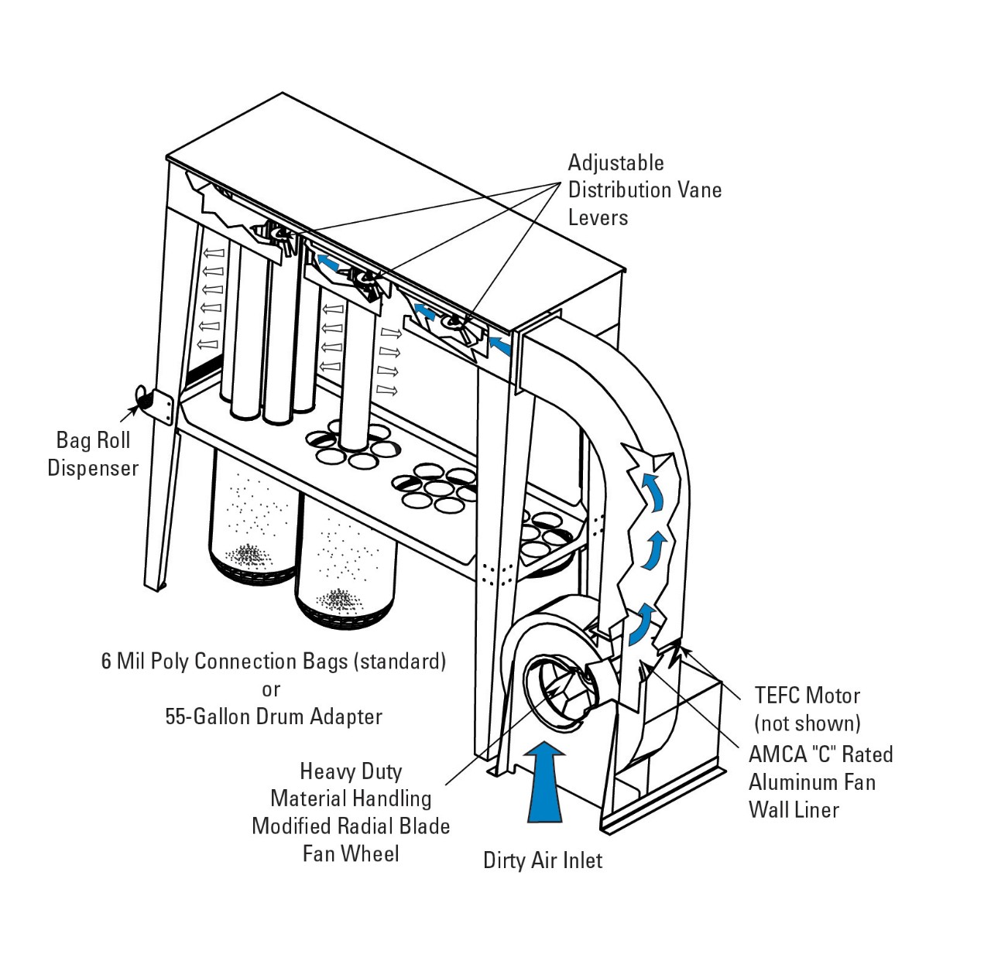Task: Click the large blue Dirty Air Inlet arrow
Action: (x=546, y=781)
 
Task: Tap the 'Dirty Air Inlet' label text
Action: (x=543, y=860)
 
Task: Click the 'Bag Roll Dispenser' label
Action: (x=93, y=454)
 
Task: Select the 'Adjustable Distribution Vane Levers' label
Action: (x=644, y=190)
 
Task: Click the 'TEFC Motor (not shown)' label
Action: (x=808, y=709)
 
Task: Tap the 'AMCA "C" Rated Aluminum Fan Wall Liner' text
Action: (x=820, y=782)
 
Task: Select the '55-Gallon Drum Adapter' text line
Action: (x=273, y=716)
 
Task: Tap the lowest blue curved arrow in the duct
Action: (x=640, y=625)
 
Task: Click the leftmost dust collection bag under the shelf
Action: (x=252, y=518)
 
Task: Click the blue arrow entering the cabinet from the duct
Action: (x=501, y=346)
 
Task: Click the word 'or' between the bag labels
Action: (x=271, y=689)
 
